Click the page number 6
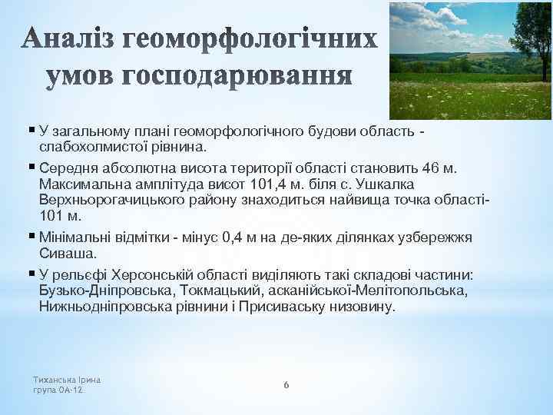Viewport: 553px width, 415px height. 286,384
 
